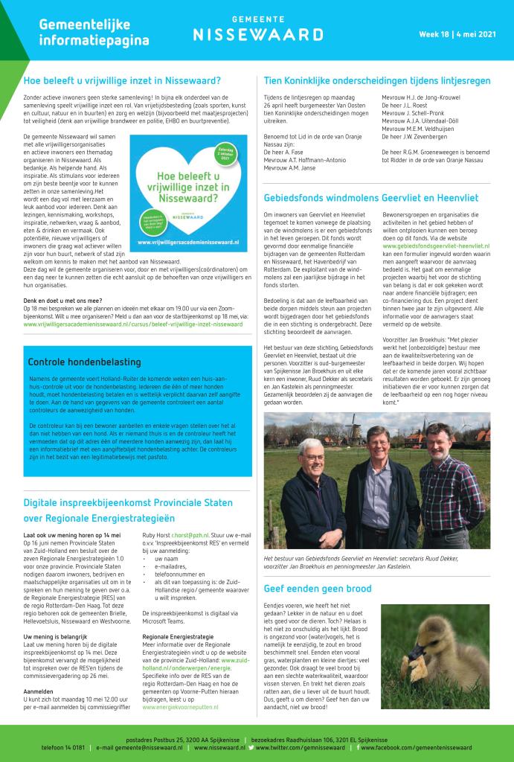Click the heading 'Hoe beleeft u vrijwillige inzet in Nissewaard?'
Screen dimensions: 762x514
tap(122, 80)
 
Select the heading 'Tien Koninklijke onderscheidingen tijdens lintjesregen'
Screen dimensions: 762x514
tap(377, 80)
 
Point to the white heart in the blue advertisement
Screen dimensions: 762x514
tap(192, 189)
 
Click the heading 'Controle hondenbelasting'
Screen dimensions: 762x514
tap(84, 362)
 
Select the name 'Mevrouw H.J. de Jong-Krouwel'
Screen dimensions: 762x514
tap(420, 97)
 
